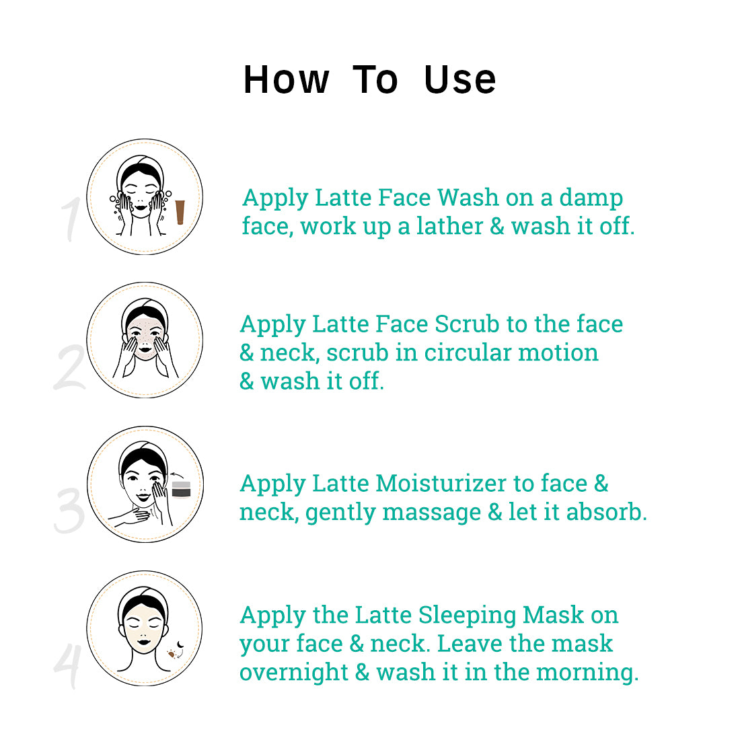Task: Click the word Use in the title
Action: [x=459, y=80]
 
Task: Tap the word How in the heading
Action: [x=286, y=80]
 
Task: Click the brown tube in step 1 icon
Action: [x=180, y=212]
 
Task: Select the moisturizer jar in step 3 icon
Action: [x=181, y=489]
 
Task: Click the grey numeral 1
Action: [x=72, y=219]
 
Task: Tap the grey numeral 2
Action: [x=69, y=367]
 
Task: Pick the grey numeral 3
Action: [x=69, y=511]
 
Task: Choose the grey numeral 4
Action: [x=67, y=665]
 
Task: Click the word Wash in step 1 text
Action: [x=468, y=197]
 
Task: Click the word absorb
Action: [x=606, y=512]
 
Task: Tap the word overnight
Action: [x=293, y=672]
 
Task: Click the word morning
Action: [x=587, y=672]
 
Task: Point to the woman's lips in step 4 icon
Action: [x=144, y=641]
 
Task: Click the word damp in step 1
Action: [x=591, y=197]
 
